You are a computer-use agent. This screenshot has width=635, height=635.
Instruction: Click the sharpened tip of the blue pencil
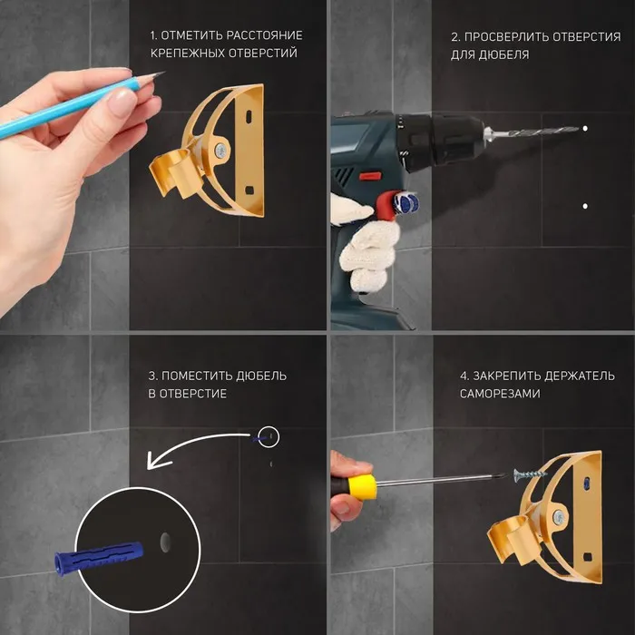click(164, 73)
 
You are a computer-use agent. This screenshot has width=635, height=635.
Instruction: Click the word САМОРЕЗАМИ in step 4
click(500, 394)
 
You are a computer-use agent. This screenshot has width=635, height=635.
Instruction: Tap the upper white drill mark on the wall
click(585, 129)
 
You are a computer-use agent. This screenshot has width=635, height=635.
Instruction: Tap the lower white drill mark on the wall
click(585, 206)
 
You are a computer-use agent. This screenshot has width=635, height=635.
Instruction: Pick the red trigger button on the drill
click(370, 176)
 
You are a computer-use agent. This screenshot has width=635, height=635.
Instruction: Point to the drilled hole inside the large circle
click(165, 542)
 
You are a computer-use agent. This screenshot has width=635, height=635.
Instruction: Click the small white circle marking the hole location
click(269, 437)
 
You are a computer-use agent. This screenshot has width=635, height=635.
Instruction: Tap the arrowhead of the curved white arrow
click(154, 462)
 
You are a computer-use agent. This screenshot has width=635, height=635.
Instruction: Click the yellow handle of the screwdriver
click(363, 488)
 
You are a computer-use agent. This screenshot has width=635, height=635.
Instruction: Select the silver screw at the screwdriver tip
click(530, 474)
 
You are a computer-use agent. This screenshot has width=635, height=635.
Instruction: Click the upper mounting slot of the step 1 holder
click(248, 117)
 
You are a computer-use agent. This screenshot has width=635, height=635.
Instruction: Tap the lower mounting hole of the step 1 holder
click(249, 190)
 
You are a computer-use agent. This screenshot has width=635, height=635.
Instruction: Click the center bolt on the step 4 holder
click(559, 517)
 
